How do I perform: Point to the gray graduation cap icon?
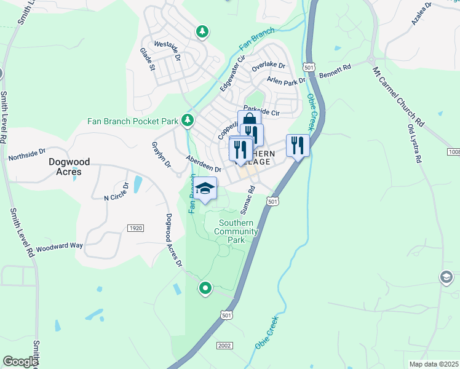coord(446,278)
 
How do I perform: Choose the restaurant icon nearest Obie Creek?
coord(297,146)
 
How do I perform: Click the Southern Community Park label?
coord(236,231)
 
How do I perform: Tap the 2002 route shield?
coord(224,346)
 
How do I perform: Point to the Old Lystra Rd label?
coord(414,143)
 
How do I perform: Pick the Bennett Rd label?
coord(335,70)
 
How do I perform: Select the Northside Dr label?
coord(27,154)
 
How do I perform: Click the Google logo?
coord(20,362)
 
